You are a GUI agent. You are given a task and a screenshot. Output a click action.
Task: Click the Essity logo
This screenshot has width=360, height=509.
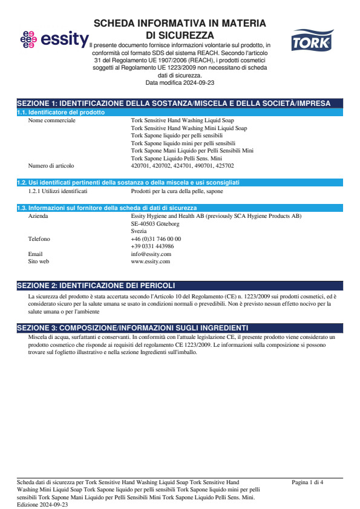[54, 40]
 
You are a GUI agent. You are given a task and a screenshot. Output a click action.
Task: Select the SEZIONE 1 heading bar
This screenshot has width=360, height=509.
[180, 103]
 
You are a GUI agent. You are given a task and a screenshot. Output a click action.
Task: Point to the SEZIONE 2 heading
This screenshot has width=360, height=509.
[97, 286]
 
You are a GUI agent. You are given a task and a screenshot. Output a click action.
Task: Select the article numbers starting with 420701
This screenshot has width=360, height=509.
[182, 165]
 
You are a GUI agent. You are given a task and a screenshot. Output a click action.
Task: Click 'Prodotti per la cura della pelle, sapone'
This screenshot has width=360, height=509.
[177, 191]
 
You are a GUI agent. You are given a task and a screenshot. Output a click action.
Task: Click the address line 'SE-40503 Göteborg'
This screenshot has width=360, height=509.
[155, 223]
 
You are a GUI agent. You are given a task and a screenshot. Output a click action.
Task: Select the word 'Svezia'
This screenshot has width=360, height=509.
[139, 231]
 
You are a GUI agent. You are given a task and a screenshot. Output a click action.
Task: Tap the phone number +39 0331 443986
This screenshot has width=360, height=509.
[152, 246]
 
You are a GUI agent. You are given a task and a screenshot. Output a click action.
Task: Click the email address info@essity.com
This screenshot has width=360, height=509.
[151, 254]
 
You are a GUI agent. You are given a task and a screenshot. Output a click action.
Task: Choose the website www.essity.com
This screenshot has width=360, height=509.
[150, 261]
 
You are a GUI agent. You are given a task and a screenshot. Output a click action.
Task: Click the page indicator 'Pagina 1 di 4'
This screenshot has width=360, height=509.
[307, 482]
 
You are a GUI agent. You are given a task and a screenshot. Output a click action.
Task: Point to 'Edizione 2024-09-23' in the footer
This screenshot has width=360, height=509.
[42, 504]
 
